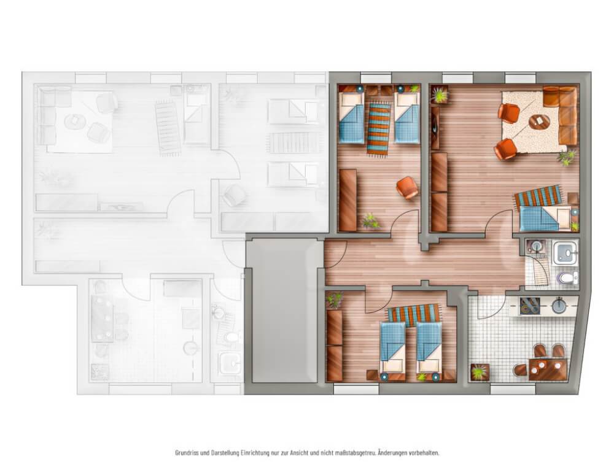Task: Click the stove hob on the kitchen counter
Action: pos(530,306)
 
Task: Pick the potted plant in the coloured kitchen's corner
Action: pos(480,372)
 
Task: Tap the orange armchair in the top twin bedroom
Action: pos(407,187)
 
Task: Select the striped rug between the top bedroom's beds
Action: pos(379,129)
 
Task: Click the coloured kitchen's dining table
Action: pos(548,369)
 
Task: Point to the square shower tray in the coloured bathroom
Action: pos(565,252)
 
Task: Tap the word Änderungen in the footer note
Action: pos(392,452)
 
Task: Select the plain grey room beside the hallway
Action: pos(285,312)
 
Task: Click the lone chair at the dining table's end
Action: pos(521,369)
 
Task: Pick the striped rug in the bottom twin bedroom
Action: pos(414,315)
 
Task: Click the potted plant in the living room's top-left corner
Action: pos(440,95)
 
